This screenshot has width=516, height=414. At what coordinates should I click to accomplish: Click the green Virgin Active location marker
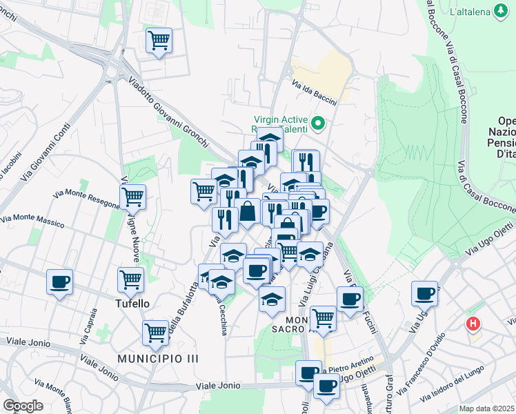(318, 124)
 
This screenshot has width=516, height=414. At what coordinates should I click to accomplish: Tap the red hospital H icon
(473, 323)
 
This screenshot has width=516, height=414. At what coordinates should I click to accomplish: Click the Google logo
(23, 406)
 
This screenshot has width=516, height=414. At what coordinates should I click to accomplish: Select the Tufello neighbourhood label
(132, 303)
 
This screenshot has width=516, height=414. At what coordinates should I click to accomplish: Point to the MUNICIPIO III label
(157, 359)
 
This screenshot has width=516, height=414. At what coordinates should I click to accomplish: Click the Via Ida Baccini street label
(314, 94)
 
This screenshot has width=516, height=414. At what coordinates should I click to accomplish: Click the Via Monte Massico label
(32, 221)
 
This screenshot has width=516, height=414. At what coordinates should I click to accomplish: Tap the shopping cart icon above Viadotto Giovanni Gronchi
(159, 41)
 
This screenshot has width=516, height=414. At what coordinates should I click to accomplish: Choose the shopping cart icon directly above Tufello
(130, 279)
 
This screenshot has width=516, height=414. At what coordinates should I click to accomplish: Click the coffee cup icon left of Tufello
(59, 282)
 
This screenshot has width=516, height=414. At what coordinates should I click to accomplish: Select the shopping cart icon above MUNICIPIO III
(156, 333)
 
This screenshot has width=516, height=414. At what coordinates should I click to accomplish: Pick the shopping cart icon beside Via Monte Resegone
(132, 197)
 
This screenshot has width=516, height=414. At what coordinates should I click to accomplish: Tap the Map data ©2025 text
(487, 408)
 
